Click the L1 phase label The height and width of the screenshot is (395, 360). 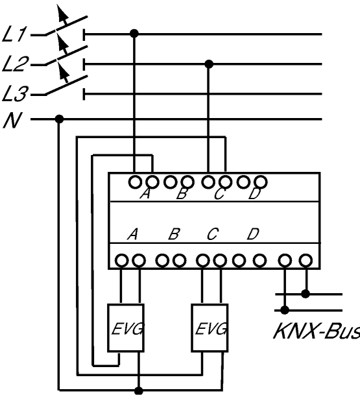tap(14, 34)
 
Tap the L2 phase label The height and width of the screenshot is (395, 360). tap(15, 64)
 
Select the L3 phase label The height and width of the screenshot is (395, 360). tap(15, 93)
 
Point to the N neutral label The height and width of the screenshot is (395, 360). tap(12, 120)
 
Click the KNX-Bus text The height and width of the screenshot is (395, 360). tap(317, 331)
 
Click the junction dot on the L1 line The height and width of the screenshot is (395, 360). tap(134, 33)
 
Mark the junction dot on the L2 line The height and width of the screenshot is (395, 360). tap(209, 64)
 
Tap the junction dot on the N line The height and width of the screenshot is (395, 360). tap(59, 119)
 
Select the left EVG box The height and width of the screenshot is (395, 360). tap(126, 328)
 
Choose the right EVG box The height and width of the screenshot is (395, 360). tap(210, 328)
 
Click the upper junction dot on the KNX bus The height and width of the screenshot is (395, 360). tap(306, 294)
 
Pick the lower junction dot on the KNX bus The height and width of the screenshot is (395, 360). tap(285, 310)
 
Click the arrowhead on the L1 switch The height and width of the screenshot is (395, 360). tap(62, 12)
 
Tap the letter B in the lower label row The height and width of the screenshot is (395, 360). tap(174, 234)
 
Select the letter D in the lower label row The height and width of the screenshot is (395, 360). tap(253, 234)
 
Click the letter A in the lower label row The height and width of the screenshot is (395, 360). tap(133, 234)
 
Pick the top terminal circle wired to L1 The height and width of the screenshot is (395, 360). tap(136, 182)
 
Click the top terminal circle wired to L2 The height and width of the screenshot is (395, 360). tap(208, 182)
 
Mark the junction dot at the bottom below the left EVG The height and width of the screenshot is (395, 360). tap(138, 390)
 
